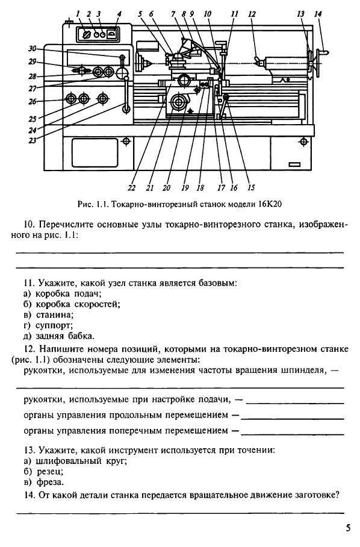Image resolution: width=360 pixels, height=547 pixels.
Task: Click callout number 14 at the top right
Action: pos(317,14)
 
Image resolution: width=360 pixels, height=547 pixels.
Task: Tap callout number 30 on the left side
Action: pos(33,48)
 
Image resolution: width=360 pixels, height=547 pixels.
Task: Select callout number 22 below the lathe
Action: pos(131,188)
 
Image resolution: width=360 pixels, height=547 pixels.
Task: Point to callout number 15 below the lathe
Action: pos(251,188)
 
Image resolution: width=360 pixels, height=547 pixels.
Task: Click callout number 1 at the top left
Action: pos(78,14)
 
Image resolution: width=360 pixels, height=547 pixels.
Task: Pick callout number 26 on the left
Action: pos(33,102)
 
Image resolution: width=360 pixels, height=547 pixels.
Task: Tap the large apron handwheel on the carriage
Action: pos(179,102)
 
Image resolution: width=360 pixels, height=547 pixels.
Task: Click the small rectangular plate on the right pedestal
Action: pos(294,164)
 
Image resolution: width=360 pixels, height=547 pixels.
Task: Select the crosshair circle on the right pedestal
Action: pos(303,142)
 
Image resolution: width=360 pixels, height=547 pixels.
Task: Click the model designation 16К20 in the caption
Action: pos(270,204)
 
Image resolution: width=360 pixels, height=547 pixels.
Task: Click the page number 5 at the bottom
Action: pos(348,528)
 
